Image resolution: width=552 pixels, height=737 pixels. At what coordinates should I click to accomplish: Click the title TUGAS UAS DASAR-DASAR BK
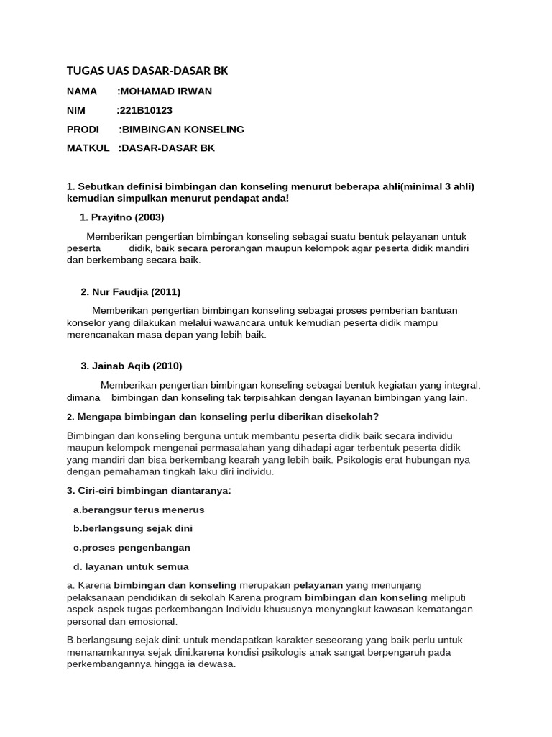click(147, 71)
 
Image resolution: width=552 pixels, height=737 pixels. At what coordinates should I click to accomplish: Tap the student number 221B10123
click(146, 110)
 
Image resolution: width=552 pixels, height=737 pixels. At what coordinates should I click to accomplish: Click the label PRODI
click(83, 130)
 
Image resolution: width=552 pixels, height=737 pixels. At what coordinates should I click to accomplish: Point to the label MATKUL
click(88, 148)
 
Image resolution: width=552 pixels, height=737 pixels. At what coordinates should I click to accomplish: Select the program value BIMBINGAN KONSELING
click(183, 130)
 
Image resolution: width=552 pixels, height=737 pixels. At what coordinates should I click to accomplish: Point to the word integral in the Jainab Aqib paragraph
click(461, 385)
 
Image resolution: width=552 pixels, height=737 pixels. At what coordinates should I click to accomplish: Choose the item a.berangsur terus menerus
click(139, 510)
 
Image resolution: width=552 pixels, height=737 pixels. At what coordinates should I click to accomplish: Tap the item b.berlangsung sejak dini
click(133, 528)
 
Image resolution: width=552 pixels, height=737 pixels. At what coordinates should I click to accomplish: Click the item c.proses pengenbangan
click(132, 548)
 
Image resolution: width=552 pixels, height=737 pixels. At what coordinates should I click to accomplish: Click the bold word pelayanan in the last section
click(318, 585)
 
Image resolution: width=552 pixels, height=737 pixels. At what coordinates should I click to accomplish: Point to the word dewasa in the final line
click(218, 664)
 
